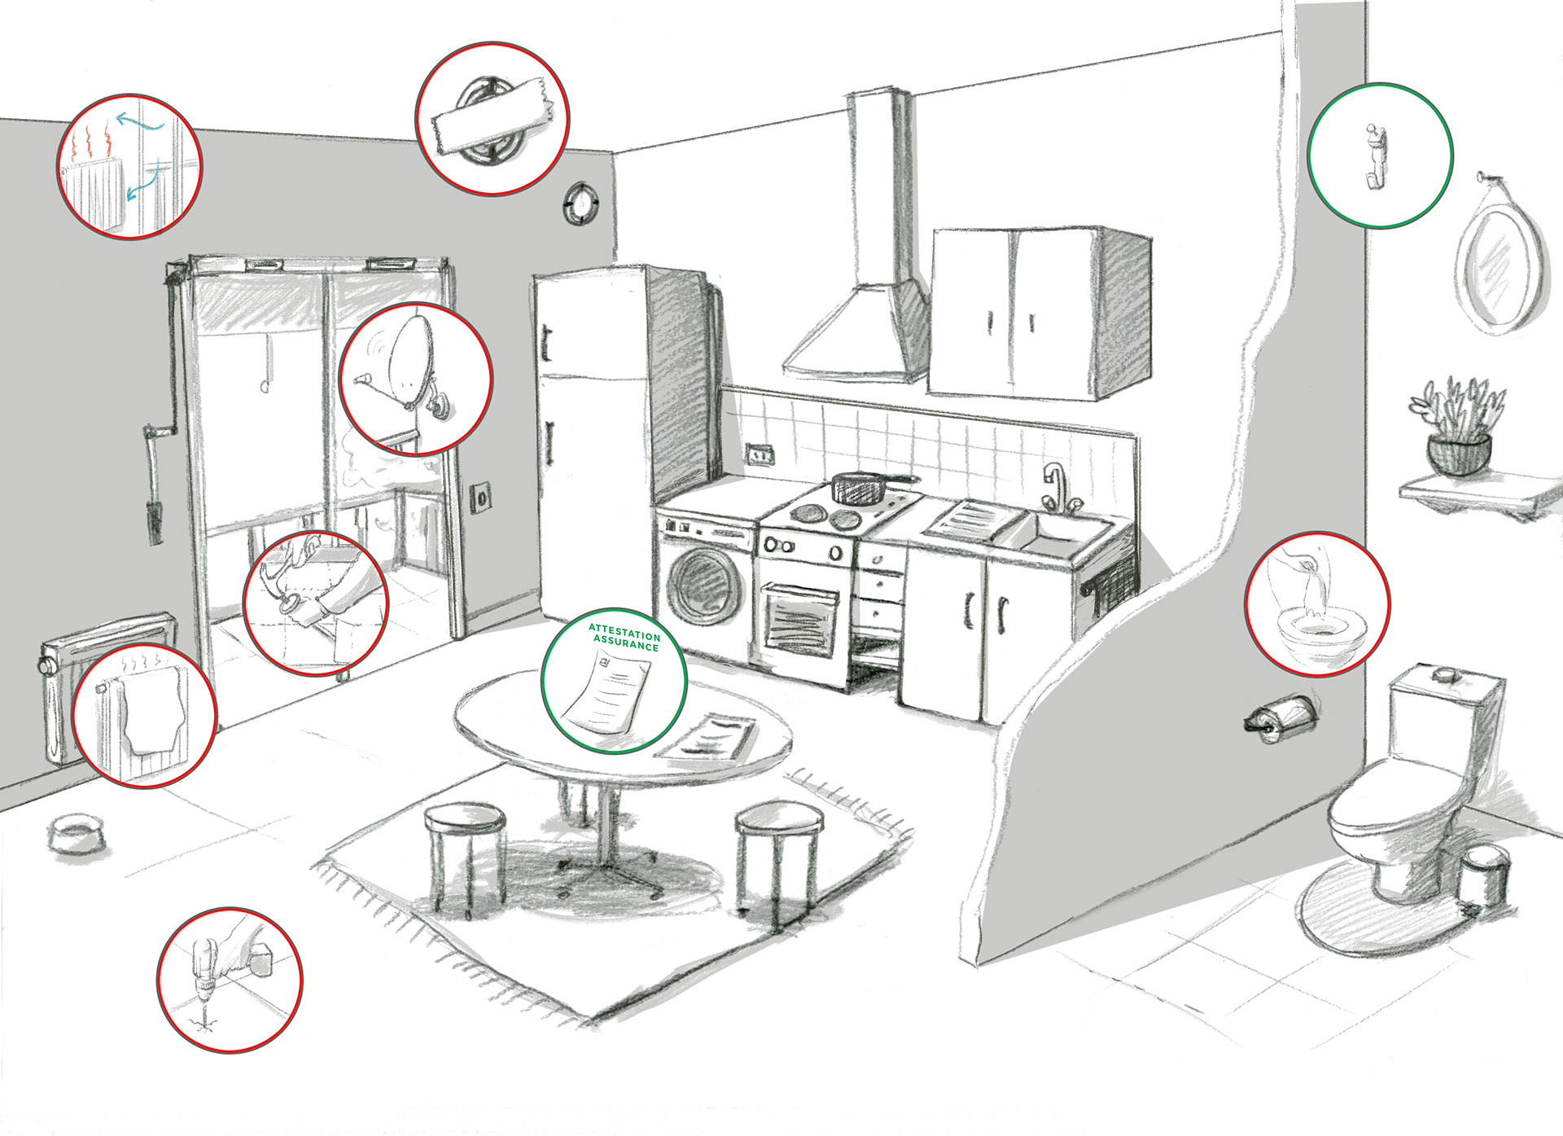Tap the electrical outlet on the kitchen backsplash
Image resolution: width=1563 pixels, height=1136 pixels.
(760, 454)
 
